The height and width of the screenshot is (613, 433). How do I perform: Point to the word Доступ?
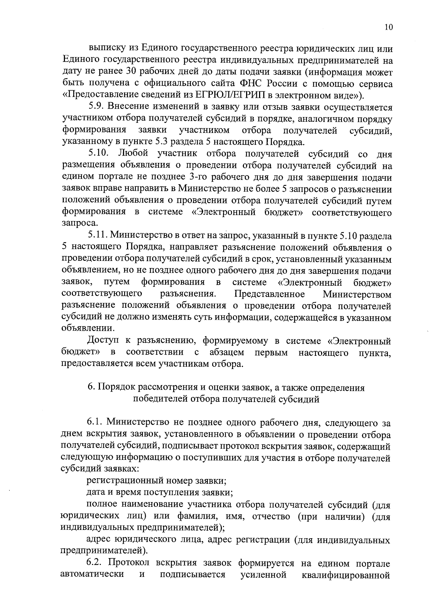click(102, 341)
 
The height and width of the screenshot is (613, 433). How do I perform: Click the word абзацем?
click(227, 352)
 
